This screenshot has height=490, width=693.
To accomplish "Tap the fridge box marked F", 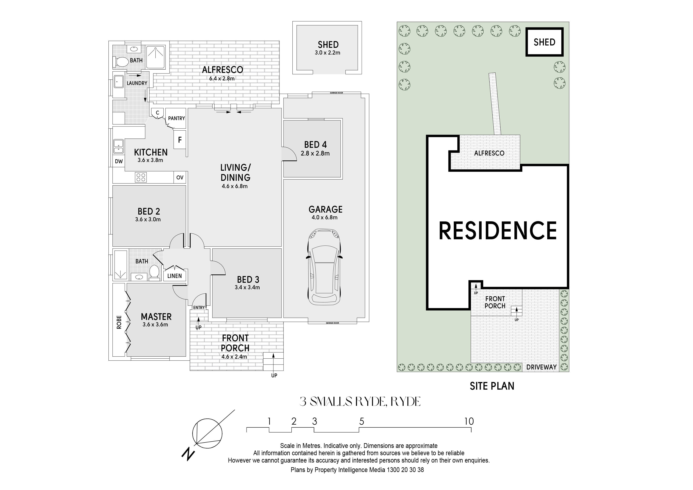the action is click(x=180, y=140).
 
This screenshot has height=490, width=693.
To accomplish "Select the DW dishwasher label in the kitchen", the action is click(x=119, y=161).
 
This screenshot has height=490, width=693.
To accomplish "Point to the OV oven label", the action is click(x=180, y=177).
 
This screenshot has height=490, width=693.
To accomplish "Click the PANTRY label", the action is click(x=177, y=118).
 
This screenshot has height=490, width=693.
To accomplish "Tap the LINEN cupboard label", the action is click(x=174, y=276).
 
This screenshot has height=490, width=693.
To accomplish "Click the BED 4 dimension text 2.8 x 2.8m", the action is click(x=315, y=153).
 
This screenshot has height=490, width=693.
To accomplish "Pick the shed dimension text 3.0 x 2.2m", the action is click(x=328, y=53).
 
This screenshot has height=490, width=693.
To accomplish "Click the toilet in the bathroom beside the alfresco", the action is click(x=121, y=62).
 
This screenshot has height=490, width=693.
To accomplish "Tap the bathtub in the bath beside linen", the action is click(x=121, y=265).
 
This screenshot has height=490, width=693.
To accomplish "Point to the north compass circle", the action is click(x=208, y=433).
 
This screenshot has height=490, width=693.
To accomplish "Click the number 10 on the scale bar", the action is click(x=469, y=421).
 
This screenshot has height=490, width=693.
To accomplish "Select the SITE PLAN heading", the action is click(x=492, y=386).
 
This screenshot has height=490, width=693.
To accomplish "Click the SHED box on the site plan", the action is click(x=544, y=42).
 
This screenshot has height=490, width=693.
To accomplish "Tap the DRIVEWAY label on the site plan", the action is click(x=541, y=367).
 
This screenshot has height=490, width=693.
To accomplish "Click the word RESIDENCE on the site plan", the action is click(x=498, y=230).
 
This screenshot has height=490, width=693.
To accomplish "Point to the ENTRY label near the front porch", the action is click(x=199, y=307).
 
